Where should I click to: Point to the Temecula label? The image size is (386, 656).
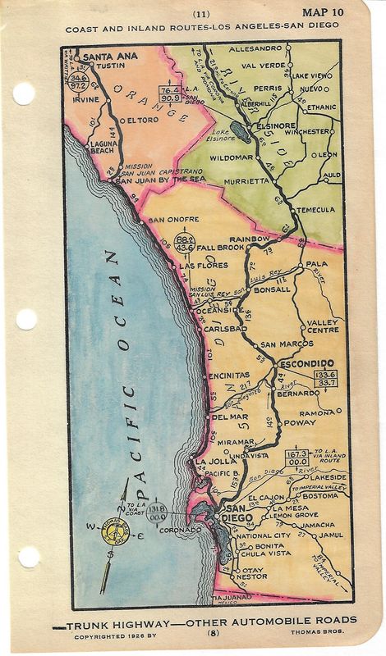316,210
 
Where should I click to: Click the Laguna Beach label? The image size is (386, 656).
104,148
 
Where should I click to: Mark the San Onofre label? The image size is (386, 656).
173,220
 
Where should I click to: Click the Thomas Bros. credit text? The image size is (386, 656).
331,633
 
